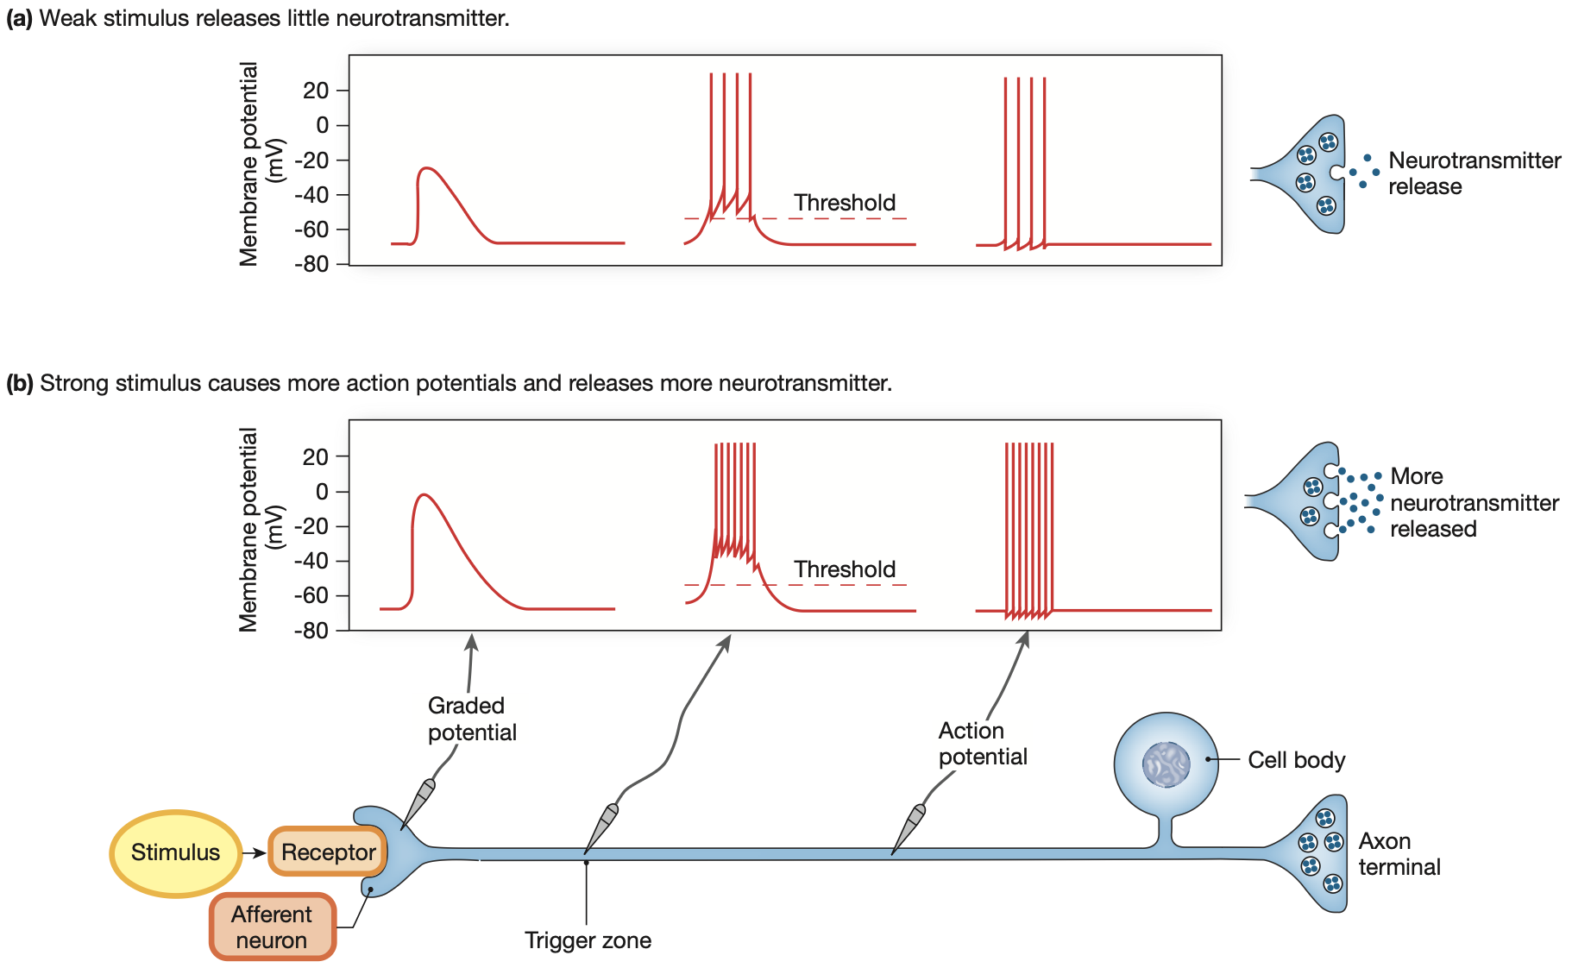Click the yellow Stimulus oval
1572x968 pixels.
click(176, 852)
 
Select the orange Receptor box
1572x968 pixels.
click(328, 852)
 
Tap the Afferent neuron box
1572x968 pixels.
click(272, 927)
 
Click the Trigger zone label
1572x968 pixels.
click(588, 940)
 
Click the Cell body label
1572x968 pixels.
click(1296, 760)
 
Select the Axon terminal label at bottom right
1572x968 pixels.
click(1399, 854)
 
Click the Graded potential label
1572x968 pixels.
click(471, 719)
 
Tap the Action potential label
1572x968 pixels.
click(982, 744)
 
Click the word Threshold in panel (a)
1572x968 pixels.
click(845, 203)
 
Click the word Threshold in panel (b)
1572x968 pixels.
click(845, 569)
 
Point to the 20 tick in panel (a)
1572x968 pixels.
click(316, 91)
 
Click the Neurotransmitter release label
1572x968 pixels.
click(1474, 173)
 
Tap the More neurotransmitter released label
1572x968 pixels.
click(1474, 503)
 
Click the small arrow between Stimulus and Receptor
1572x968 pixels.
click(254, 853)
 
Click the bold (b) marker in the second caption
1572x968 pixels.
click(19, 383)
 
